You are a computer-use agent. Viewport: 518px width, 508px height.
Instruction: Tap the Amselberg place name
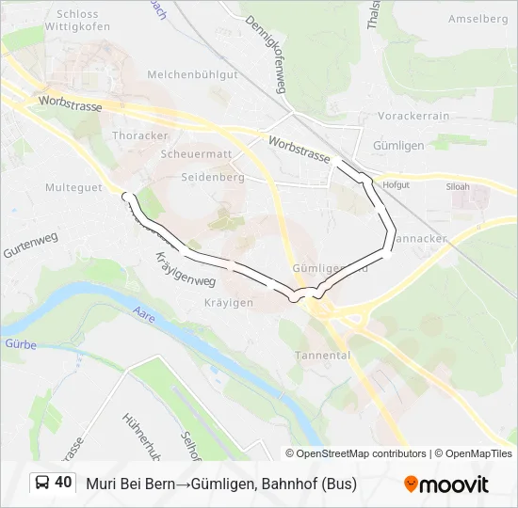point(478,19)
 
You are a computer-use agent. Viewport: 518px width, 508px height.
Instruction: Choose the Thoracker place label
point(140,135)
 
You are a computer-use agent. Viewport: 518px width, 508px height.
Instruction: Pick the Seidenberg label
point(215,176)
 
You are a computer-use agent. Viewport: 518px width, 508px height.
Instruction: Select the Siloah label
point(458,187)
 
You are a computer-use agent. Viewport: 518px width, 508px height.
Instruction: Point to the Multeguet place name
point(73,187)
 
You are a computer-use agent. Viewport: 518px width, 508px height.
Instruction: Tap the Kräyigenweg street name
point(185,268)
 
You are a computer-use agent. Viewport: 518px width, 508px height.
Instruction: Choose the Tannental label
point(322,356)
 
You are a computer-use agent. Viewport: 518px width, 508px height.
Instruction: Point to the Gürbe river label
point(19,345)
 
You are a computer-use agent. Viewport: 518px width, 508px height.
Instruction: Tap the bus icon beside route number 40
point(42,484)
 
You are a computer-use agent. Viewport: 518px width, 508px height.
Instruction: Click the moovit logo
point(446,484)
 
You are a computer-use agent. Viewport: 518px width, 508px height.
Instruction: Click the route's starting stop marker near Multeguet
point(125,196)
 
